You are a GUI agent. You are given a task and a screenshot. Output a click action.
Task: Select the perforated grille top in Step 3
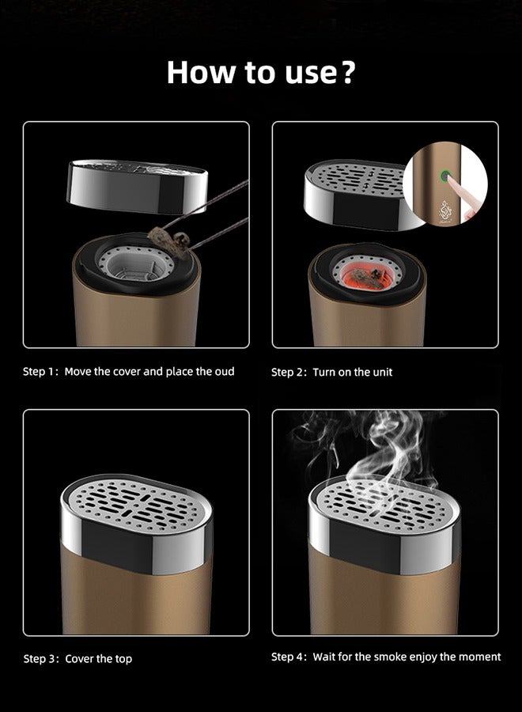(x=136, y=503)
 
